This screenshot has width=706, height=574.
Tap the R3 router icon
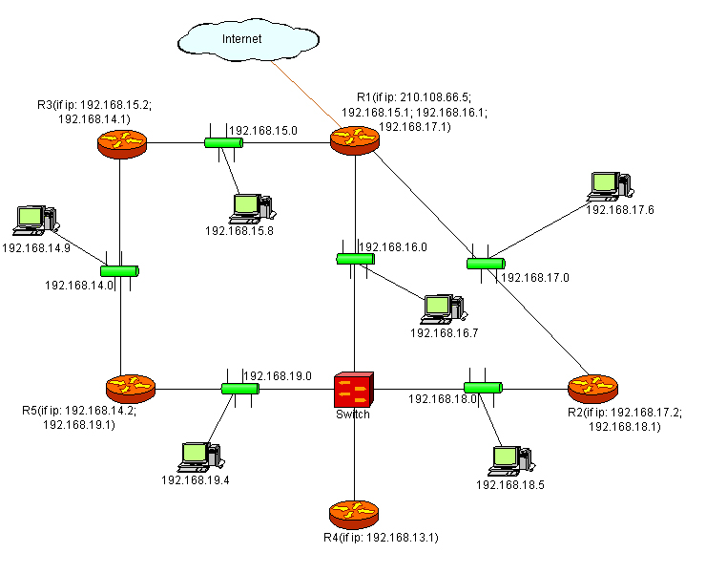121,143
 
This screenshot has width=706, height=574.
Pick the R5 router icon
130,389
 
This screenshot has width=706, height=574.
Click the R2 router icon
592,388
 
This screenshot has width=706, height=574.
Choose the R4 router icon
354,514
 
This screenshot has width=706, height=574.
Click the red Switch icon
355,390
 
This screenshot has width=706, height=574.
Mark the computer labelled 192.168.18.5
506,460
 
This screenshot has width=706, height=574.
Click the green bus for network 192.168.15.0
223,143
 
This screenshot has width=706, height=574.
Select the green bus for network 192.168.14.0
120,271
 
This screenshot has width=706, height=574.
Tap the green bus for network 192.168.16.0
355,259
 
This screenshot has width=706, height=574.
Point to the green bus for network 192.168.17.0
486,263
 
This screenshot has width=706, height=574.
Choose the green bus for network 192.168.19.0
240,389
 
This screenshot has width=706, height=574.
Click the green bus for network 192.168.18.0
483,388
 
